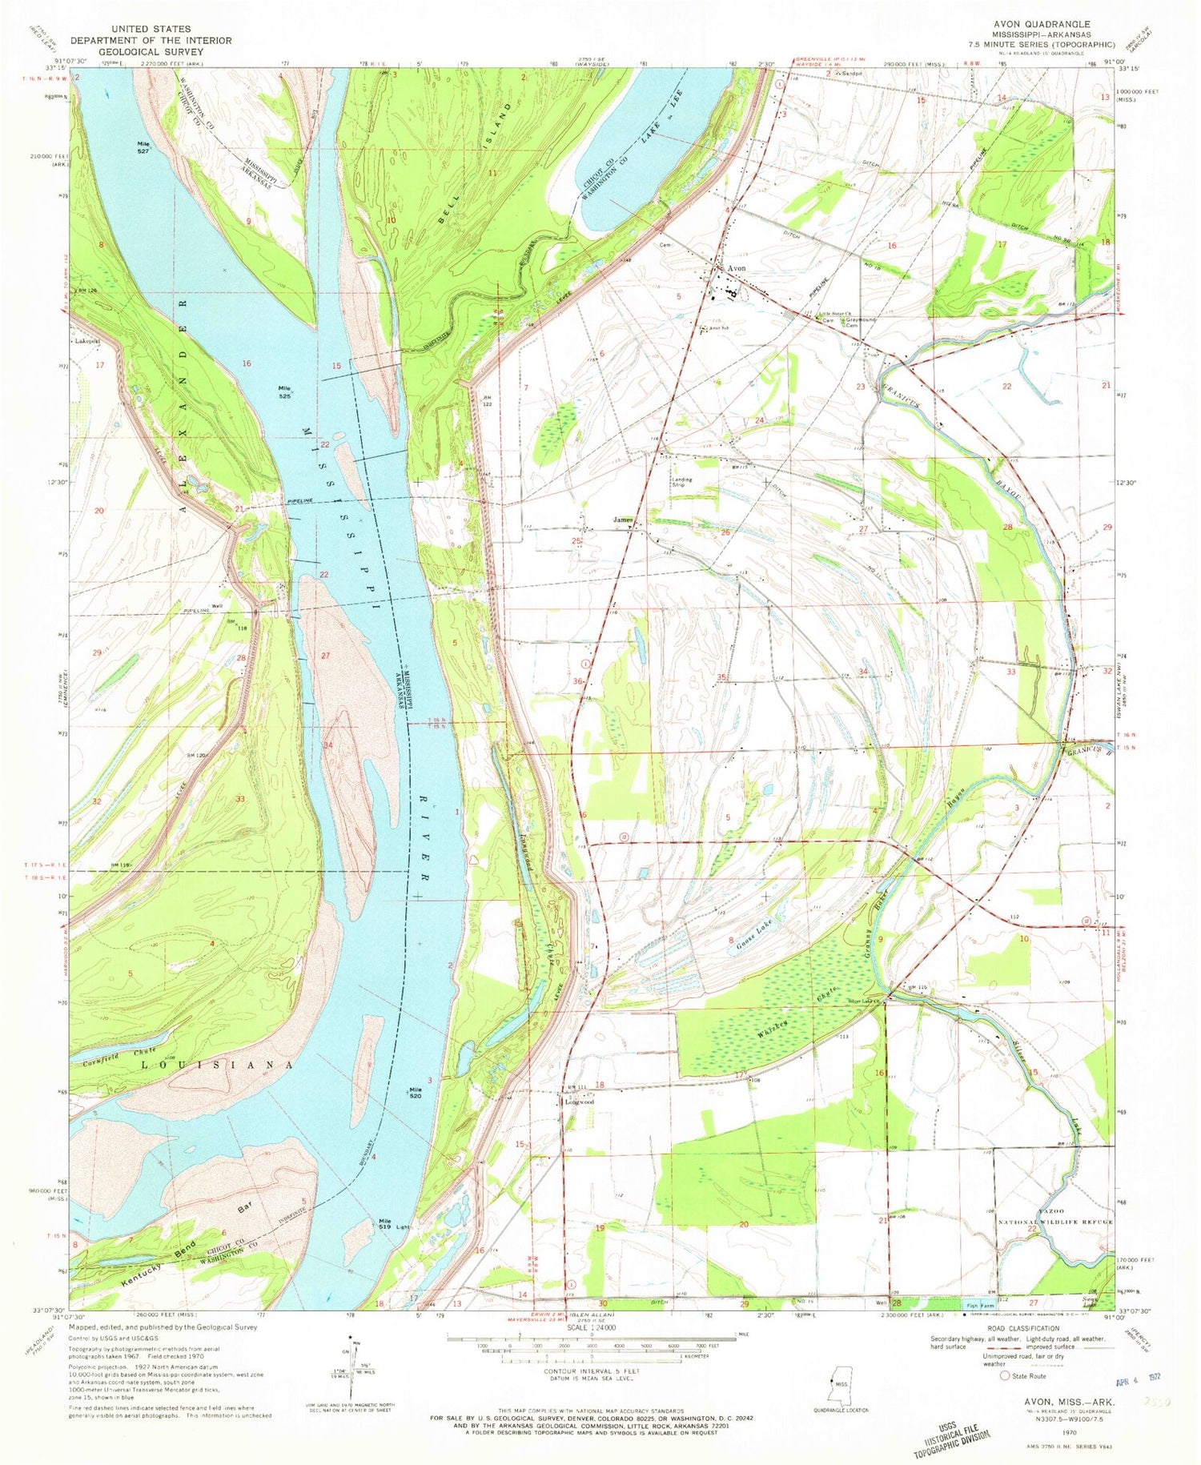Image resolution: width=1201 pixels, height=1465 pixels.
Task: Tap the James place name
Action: coord(623,520)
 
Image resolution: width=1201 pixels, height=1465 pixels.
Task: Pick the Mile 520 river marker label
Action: coord(415,1092)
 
